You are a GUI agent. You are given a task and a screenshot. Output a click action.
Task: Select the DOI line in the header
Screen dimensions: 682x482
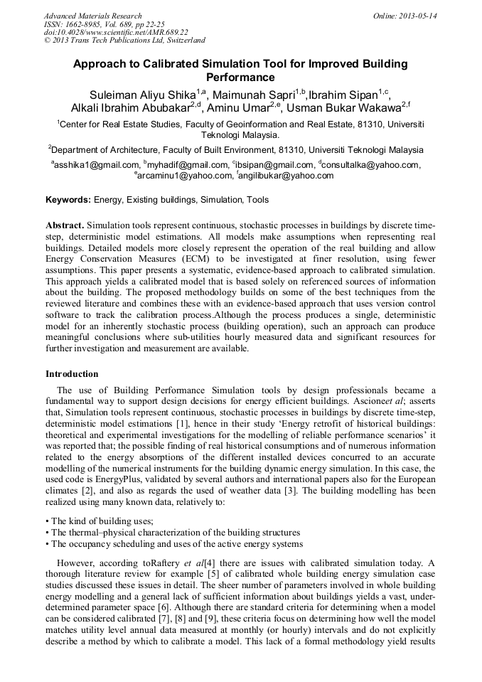pos(116,32)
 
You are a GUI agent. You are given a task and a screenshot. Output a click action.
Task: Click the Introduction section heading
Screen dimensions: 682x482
pos(72,373)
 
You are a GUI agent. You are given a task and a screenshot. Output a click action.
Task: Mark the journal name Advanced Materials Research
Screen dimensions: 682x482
pos(93,16)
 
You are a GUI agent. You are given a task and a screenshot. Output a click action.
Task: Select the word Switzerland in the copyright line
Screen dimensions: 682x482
pos(178,41)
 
